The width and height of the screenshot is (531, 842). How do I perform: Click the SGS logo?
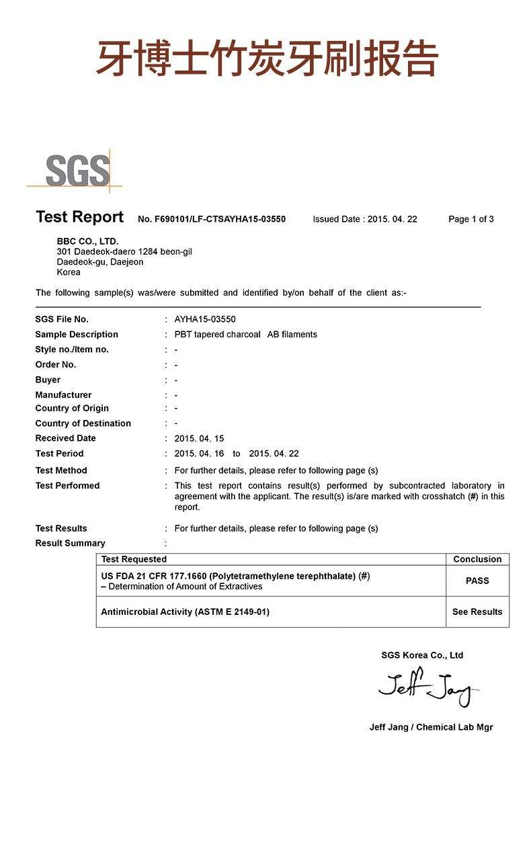click(77, 171)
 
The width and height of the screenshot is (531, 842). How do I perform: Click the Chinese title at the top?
click(268, 59)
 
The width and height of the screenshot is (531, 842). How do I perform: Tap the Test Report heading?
click(79, 217)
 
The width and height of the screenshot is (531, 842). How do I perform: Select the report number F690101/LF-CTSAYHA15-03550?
click(212, 219)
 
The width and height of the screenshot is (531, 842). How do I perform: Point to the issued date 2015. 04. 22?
click(392, 219)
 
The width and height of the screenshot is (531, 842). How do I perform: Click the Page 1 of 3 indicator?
click(471, 219)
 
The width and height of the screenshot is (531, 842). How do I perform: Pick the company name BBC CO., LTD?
click(87, 241)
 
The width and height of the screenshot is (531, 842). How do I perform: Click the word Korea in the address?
click(69, 272)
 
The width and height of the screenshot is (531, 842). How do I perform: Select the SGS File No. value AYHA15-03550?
click(205, 319)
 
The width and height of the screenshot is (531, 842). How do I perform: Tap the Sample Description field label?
click(77, 334)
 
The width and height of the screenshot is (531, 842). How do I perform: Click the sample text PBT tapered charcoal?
click(217, 334)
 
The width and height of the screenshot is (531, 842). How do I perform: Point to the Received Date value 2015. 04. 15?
click(199, 438)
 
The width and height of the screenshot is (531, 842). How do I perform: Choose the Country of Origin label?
click(72, 408)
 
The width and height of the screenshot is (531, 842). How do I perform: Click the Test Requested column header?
click(134, 559)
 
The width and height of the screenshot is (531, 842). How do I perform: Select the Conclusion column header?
click(477, 559)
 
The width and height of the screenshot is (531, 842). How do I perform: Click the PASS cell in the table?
click(477, 581)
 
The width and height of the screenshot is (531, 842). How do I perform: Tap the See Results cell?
click(477, 612)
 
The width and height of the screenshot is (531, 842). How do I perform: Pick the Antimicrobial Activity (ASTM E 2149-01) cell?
click(185, 612)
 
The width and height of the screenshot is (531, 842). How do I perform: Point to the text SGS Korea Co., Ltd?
click(422, 655)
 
